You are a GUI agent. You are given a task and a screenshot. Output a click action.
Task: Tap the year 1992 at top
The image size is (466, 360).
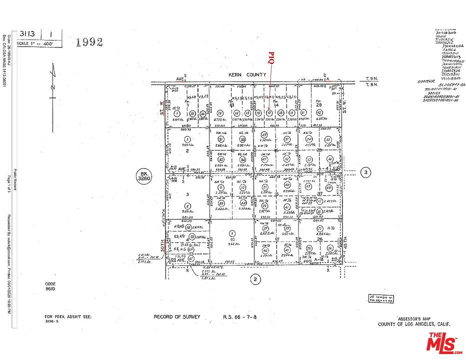[89, 41]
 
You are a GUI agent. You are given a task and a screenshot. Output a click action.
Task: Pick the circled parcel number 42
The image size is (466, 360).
[318, 113]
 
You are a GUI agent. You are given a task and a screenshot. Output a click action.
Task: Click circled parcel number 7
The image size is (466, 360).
[231, 233]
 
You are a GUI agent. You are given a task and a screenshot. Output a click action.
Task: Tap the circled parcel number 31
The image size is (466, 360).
[220, 139]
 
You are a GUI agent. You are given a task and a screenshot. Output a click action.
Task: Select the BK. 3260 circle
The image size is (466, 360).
[143, 175]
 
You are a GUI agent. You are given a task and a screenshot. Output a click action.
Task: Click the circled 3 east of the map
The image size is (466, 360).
[366, 173]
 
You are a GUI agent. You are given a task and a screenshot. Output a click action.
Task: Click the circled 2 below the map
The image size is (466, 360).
[255, 279]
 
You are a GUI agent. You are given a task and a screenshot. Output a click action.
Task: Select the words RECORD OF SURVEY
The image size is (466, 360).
[177, 316]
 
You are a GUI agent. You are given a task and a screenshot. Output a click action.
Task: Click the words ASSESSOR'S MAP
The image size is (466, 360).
[413, 318]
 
